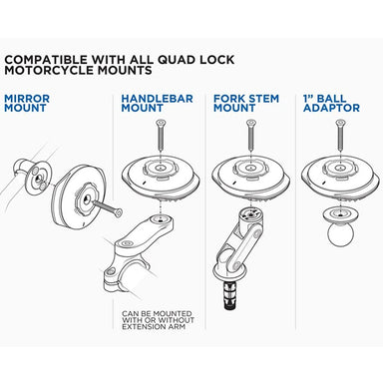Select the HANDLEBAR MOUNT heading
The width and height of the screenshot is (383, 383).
tap(158, 106)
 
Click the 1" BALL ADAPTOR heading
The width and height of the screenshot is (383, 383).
tap(334, 106)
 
